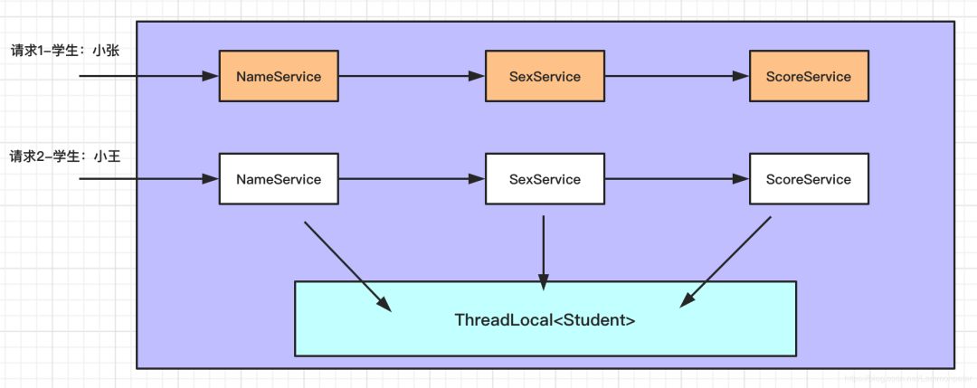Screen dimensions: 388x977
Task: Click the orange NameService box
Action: [279, 77]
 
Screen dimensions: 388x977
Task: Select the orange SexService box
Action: [545, 77]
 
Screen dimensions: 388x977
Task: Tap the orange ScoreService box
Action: [808, 77]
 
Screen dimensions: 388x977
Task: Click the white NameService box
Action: [279, 179]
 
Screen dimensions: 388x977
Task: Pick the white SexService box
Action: [545, 179]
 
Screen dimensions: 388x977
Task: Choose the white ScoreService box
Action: [808, 179]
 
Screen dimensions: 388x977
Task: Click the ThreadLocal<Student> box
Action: [545, 318]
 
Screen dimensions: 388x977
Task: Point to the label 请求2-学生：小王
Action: [65, 156]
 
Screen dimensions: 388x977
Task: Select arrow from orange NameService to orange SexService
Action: [412, 77]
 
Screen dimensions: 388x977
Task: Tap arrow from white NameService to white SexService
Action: [412, 179]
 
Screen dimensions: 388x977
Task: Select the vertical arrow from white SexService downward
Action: [544, 253]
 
